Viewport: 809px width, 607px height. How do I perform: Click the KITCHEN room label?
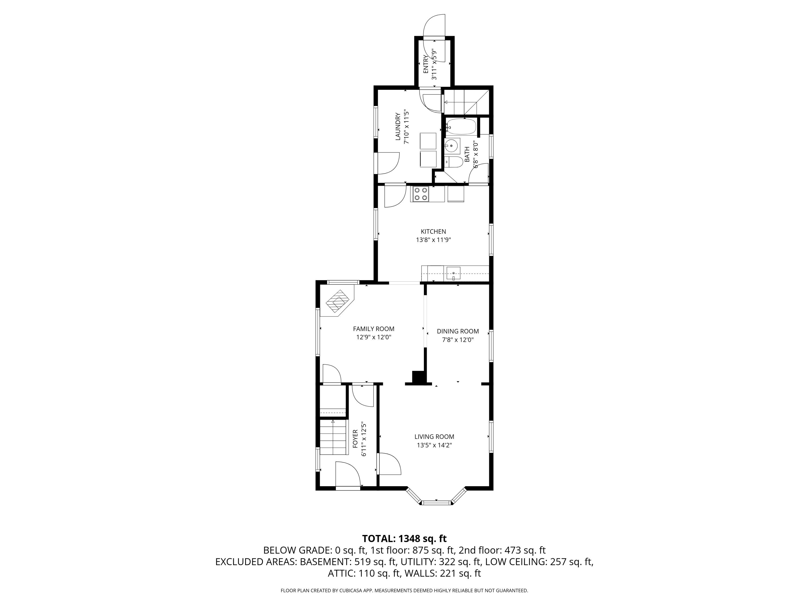click(x=433, y=231)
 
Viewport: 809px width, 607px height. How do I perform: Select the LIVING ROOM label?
click(x=434, y=437)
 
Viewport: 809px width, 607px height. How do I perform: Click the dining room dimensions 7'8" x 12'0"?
click(x=458, y=340)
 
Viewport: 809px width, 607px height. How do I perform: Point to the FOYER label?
click(x=355, y=439)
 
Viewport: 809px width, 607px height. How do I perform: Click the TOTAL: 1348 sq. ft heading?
click(x=404, y=538)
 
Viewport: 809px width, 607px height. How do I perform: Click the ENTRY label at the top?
click(x=426, y=64)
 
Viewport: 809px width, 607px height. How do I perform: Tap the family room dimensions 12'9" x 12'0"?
click(x=374, y=337)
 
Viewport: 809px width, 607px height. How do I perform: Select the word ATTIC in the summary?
click(x=340, y=573)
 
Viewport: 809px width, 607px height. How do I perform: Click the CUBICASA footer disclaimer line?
click(x=404, y=591)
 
